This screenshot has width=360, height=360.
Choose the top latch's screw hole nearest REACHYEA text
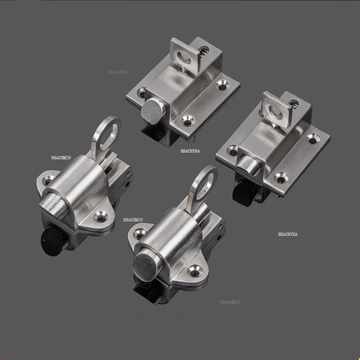click(x=186, y=121)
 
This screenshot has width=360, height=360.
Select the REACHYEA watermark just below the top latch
click(x=190, y=152)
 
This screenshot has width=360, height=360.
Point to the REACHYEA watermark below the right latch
click(x=288, y=234)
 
